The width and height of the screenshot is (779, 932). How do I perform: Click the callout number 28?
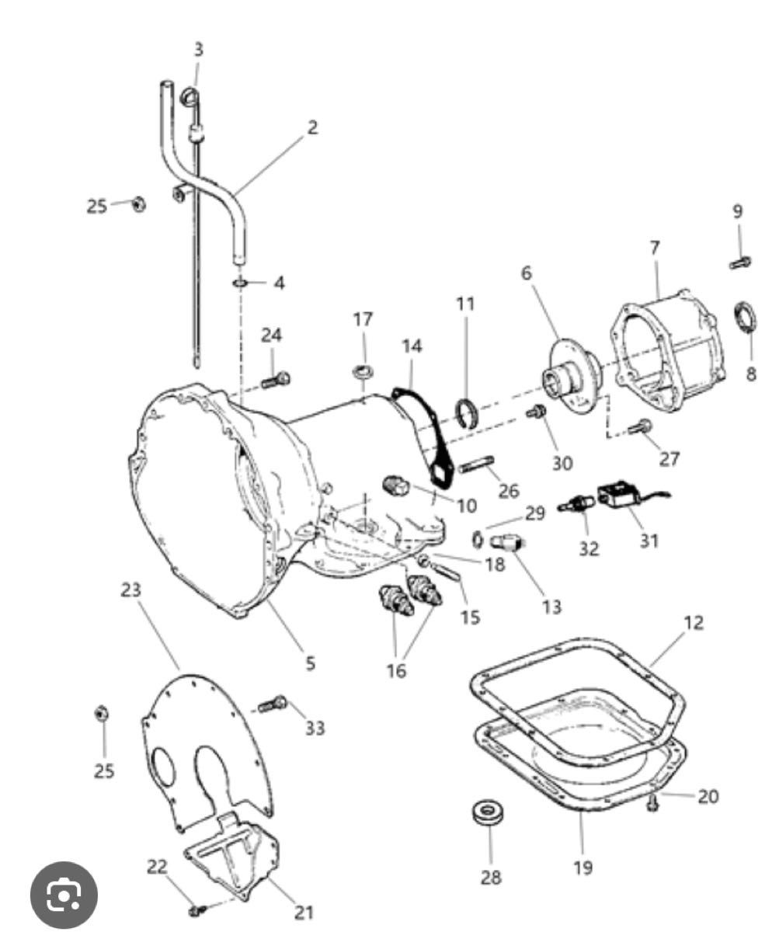click(491, 878)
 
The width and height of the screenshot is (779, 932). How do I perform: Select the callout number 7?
click(655, 249)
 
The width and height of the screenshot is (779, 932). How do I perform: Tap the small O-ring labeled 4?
click(240, 283)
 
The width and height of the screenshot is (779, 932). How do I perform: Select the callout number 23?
click(130, 591)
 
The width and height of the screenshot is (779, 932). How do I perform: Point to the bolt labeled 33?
click(273, 704)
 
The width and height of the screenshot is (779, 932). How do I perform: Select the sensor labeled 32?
click(576, 506)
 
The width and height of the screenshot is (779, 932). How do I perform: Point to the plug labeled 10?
click(396, 485)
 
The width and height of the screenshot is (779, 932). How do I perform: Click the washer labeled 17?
click(363, 371)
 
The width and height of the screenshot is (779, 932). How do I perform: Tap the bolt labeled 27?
click(640, 427)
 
